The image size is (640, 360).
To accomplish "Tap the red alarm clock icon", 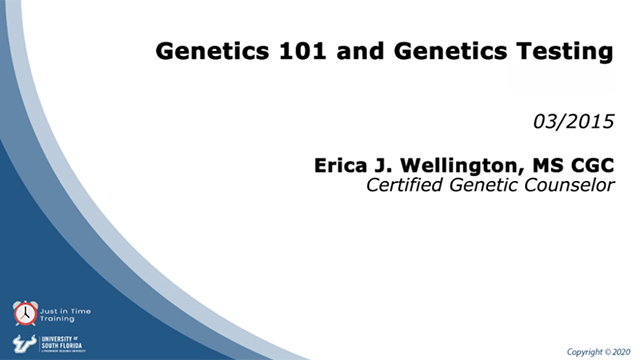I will coord(25,314).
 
